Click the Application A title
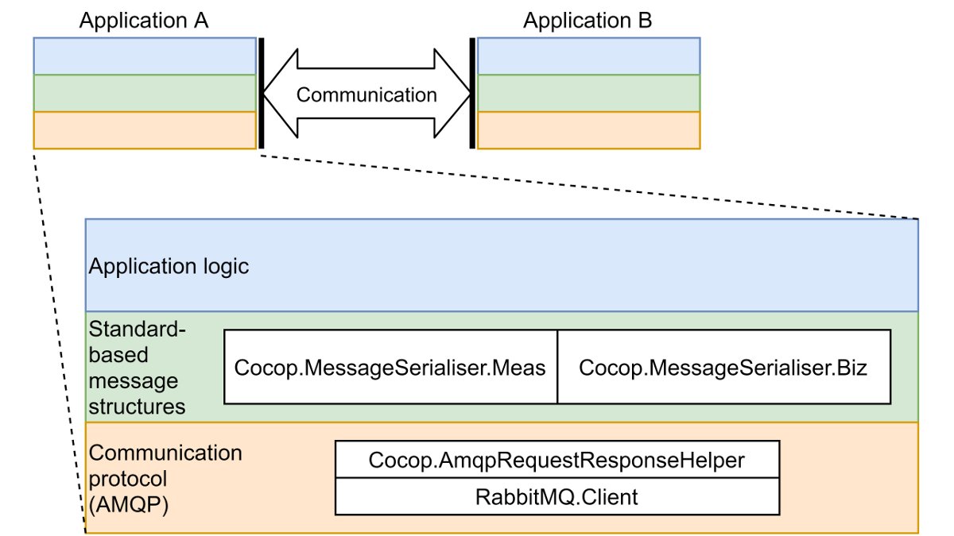coord(143,20)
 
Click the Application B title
coord(587,20)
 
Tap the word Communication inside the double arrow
coord(366,94)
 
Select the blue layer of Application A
coord(144,56)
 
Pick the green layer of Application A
coord(144,93)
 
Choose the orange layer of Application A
coord(144,130)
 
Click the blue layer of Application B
coord(588,56)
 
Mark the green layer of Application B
coord(588,93)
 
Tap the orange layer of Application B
coord(588,130)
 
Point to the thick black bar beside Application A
coord(260,93)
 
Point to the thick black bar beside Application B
coord(473,93)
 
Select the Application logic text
coord(169,266)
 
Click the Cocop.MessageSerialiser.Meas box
coord(390,368)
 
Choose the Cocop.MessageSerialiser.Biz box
coord(723,368)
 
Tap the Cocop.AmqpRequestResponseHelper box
coord(556,460)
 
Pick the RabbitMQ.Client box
coord(556,497)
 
